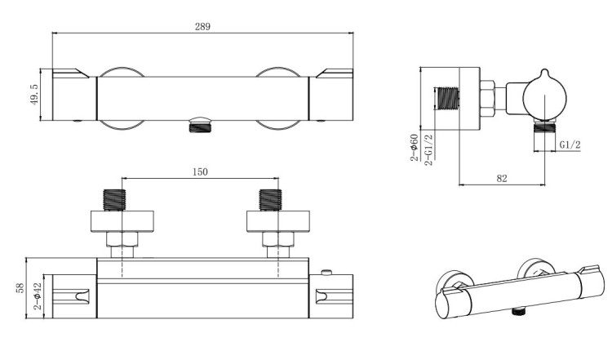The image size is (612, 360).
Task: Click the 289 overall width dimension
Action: (x=202, y=26)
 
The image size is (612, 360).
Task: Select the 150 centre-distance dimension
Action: (x=201, y=171)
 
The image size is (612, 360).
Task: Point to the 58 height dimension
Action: (x=19, y=288)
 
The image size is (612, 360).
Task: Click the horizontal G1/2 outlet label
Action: (x=570, y=144)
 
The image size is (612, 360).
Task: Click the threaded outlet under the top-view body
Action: (x=201, y=125)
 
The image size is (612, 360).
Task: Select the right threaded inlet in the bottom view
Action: (x=270, y=200)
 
